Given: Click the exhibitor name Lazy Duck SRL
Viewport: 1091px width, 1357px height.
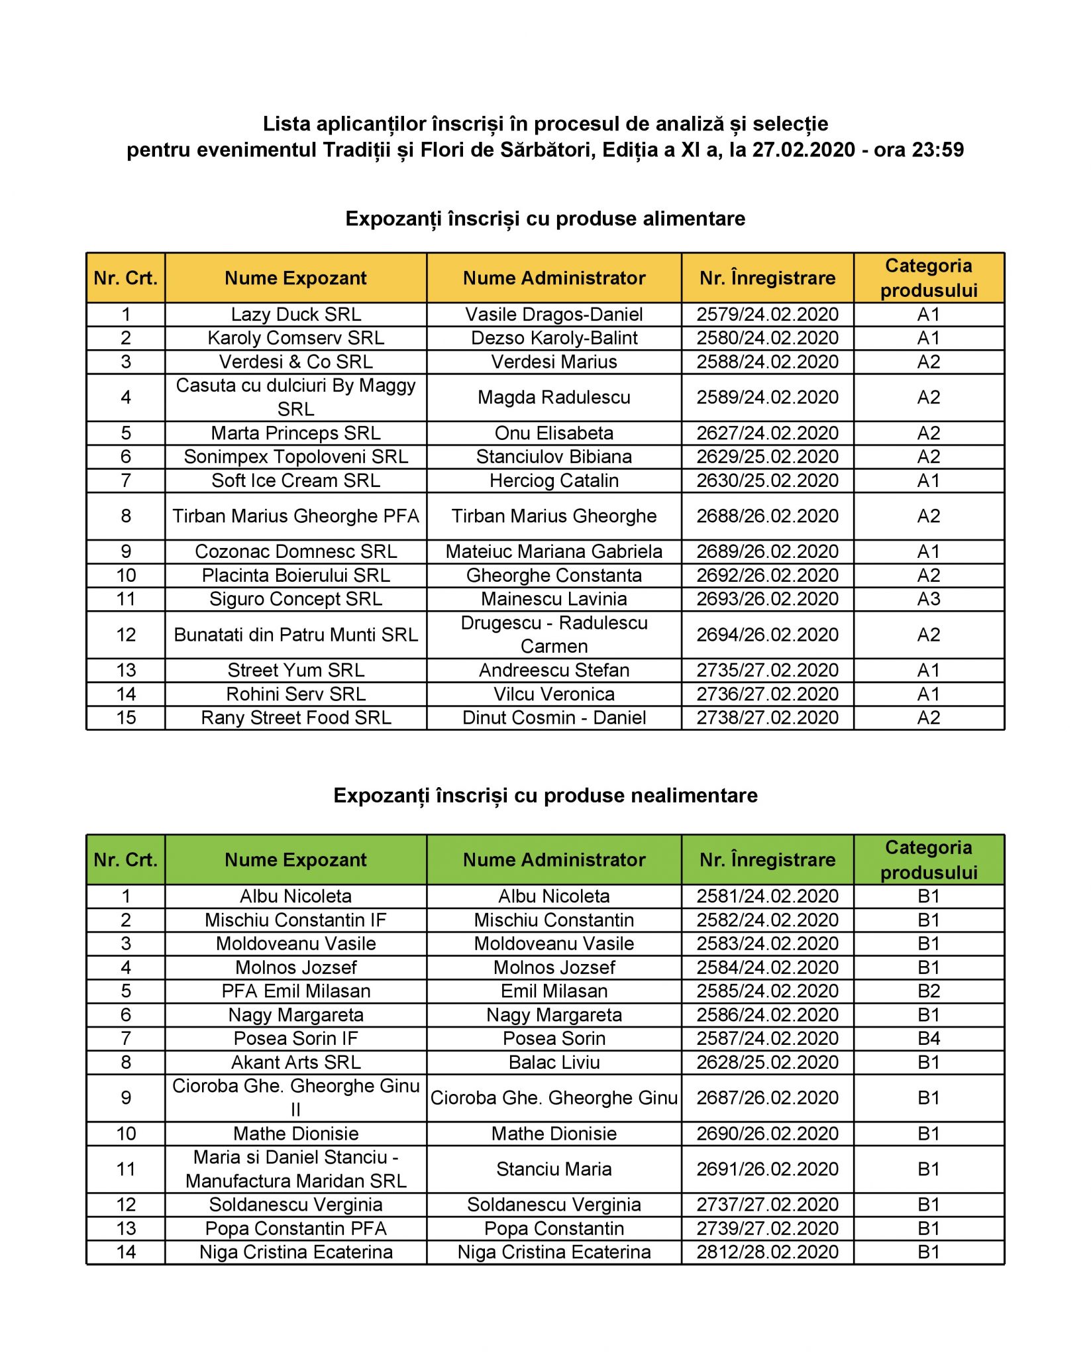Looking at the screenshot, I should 295,314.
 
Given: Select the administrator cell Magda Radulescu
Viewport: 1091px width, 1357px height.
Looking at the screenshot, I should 554,397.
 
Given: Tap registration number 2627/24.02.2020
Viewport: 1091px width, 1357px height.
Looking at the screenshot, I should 767,433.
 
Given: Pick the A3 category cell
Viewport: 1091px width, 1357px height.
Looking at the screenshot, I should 928,599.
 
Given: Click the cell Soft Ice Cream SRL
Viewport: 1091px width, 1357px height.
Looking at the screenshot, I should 295,480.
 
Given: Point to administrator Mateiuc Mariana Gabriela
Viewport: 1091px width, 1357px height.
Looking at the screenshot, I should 554,551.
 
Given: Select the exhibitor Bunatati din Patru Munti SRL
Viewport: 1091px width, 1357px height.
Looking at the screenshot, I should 295,635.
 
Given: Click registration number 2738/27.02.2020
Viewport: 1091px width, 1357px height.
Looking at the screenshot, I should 767,718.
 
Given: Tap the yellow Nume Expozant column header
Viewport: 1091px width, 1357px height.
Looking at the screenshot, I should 295,278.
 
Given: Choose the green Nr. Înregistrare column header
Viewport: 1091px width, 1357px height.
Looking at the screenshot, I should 767,859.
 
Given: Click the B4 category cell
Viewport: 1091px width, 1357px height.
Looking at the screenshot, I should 928,1038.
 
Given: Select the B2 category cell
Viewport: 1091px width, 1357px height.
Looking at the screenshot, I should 928,991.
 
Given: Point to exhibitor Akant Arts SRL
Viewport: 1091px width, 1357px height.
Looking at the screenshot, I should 295,1062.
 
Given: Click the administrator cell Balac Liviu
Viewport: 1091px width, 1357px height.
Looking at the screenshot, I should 554,1062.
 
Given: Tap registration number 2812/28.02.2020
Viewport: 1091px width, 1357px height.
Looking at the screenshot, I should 767,1252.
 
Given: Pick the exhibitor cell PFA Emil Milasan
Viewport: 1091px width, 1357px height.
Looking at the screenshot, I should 295,991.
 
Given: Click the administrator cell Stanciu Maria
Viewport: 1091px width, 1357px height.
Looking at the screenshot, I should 554,1169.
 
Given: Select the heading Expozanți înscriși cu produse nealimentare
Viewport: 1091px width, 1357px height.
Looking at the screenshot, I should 545,795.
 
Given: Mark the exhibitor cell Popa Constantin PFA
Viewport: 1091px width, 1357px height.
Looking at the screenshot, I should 295,1228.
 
